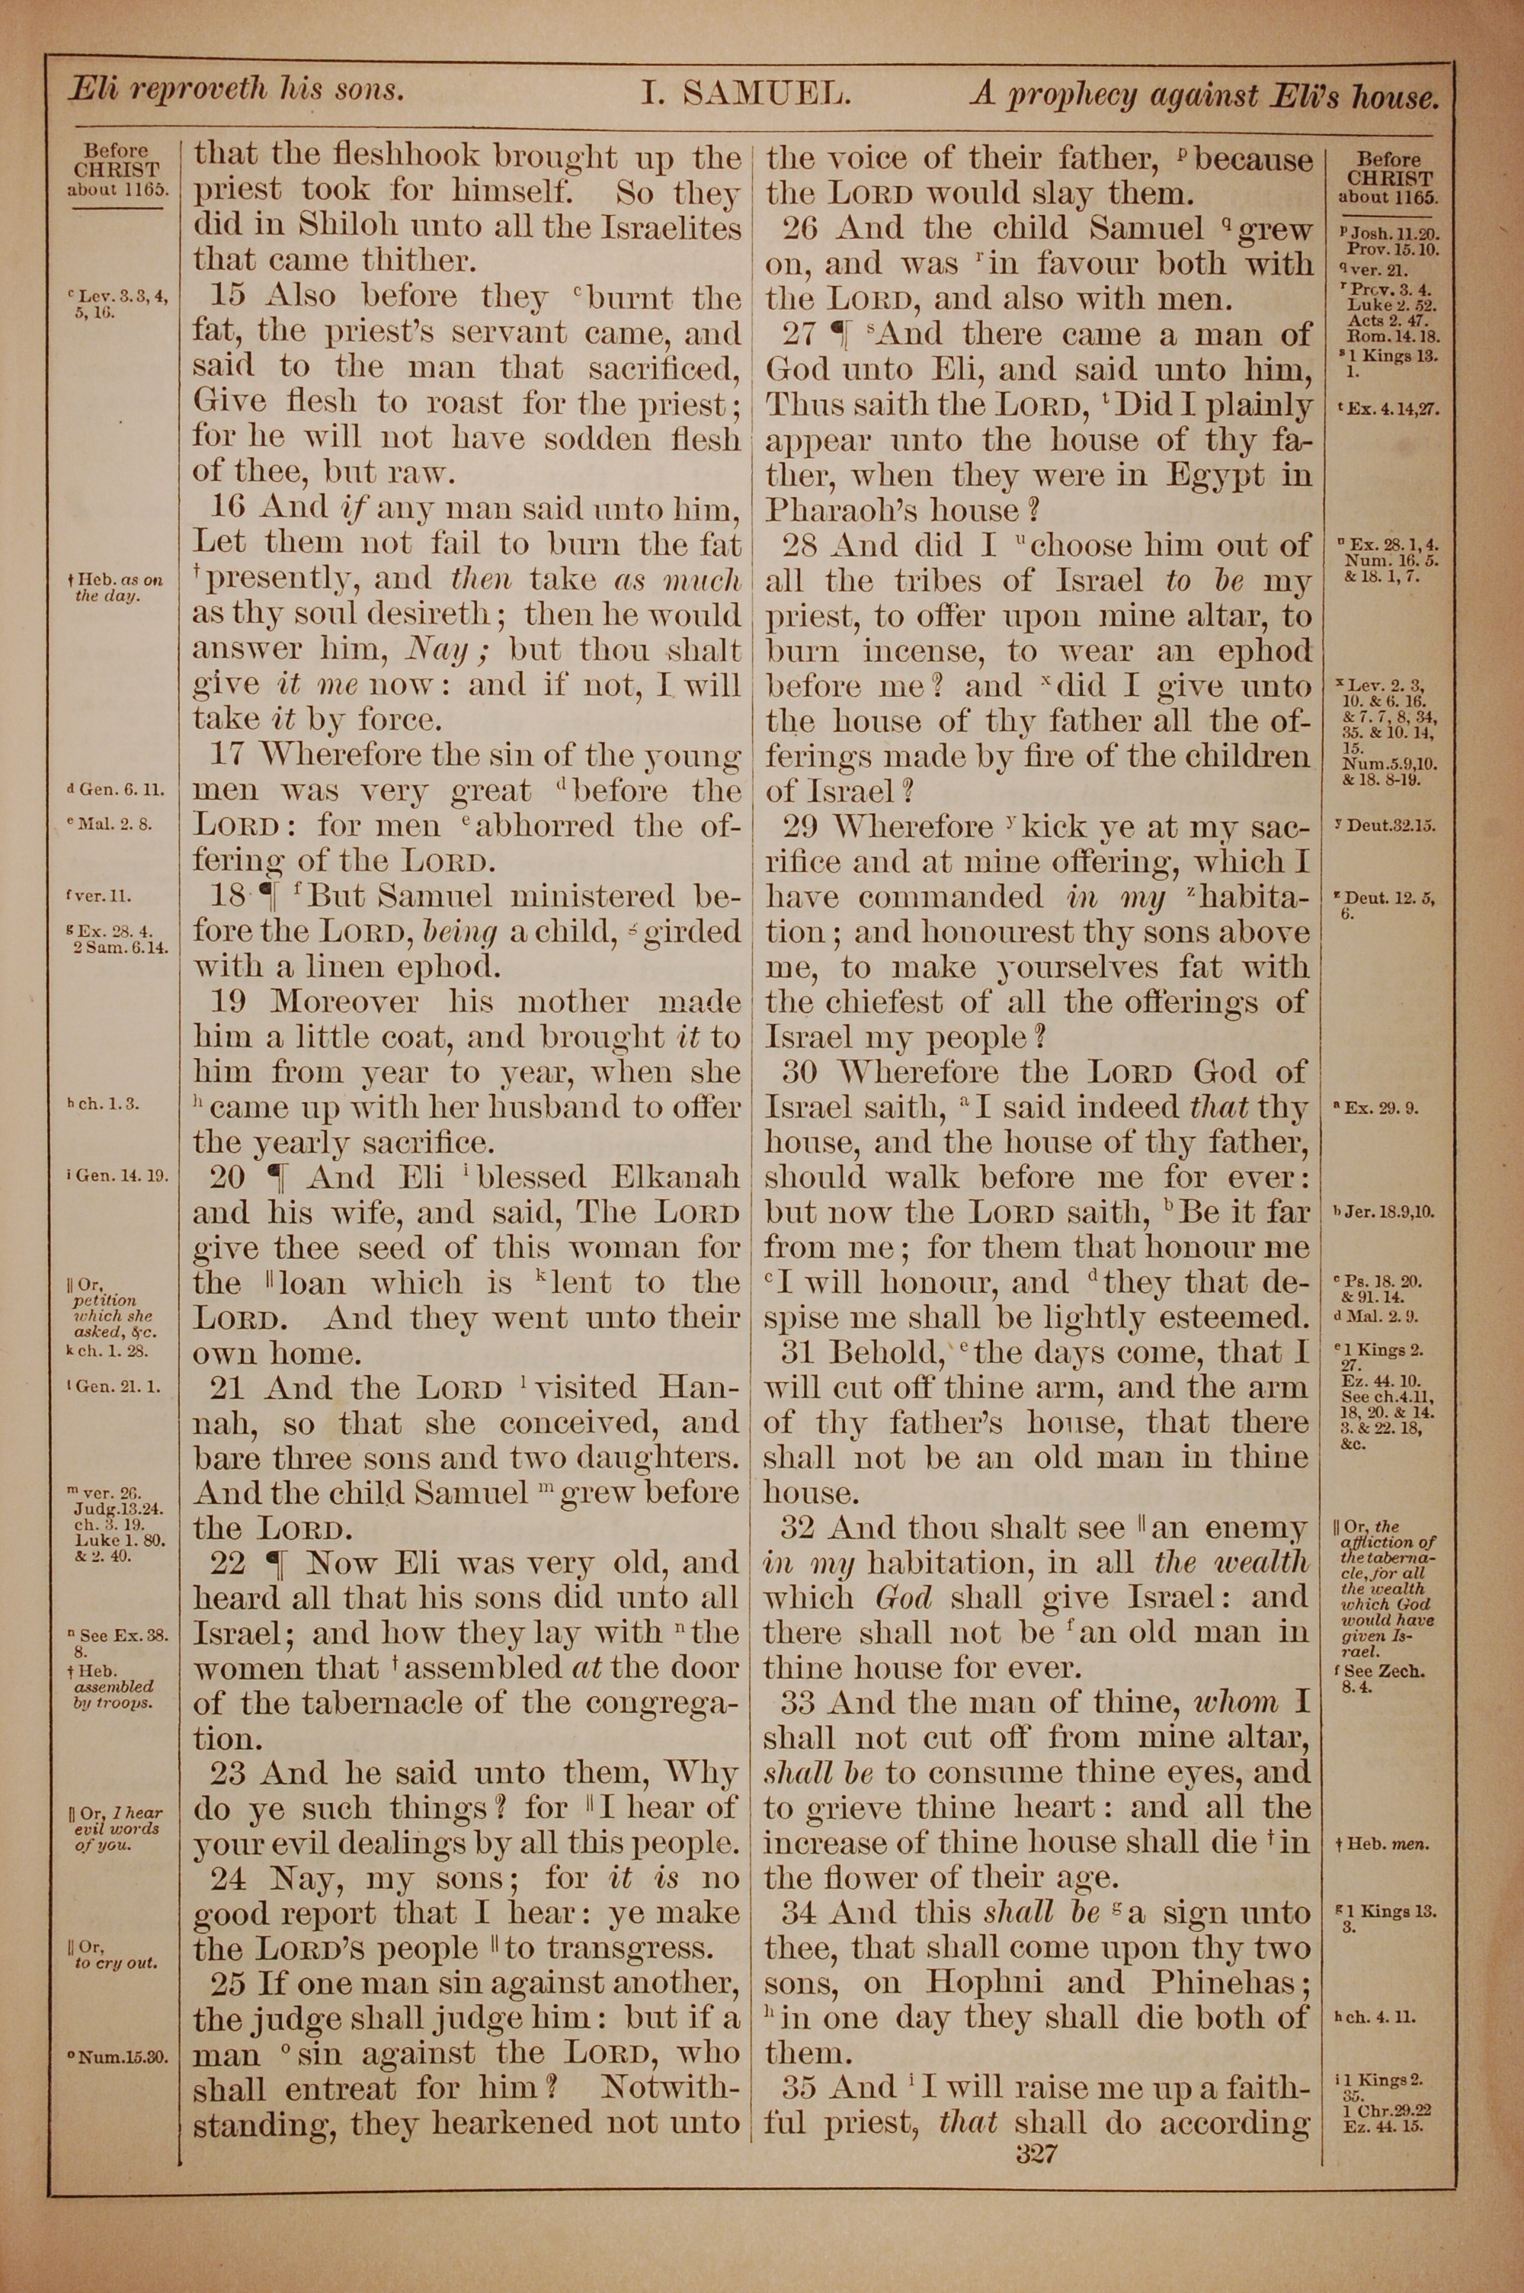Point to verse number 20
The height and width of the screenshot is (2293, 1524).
(x=227, y=1178)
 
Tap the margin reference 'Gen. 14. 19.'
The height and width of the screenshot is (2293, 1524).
(x=120, y=1176)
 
